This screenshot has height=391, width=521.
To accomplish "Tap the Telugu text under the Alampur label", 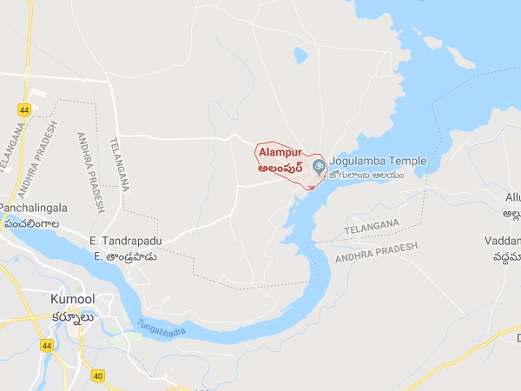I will point(282,168).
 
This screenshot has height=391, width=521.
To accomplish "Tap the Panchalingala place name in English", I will point(32,209).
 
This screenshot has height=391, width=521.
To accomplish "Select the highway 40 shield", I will point(98,376).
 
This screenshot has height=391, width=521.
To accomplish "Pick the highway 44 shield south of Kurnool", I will point(45,347).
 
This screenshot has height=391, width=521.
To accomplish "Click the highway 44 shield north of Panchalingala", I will point(23,109).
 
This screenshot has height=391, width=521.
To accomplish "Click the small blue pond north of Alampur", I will point(300,56).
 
